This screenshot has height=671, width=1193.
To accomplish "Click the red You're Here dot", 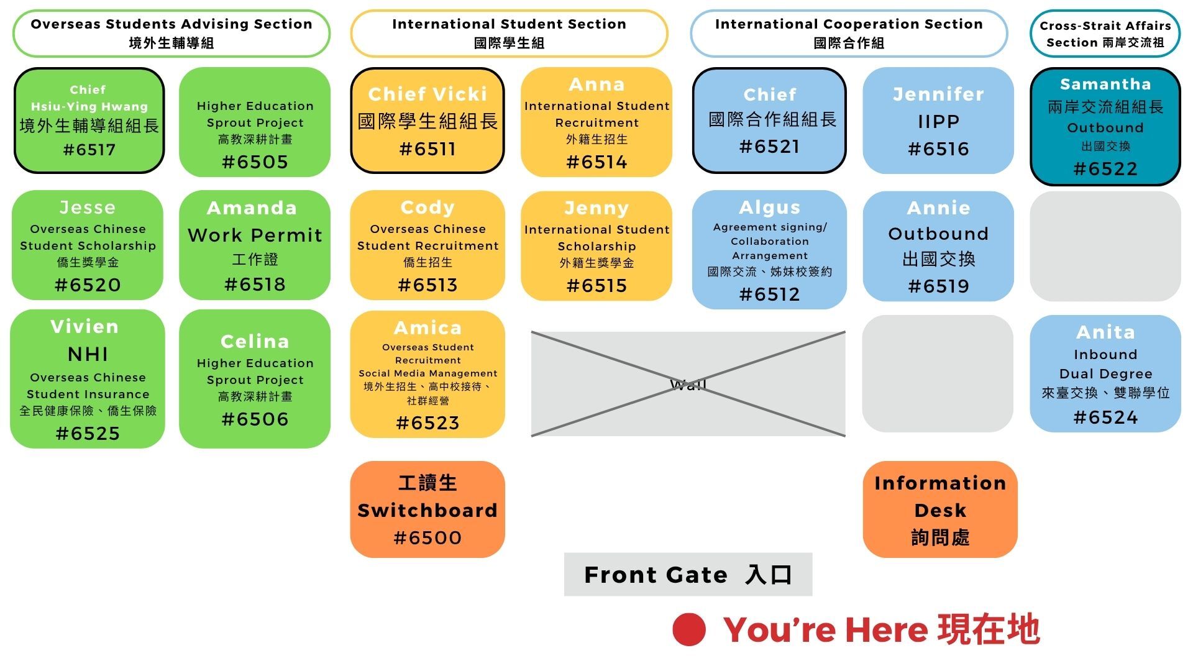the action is coord(688,629).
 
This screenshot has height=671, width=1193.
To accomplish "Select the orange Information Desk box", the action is coord(939,509).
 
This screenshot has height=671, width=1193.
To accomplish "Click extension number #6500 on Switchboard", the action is coord(427,538).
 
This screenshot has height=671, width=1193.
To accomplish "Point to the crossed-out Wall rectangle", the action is coord(688,384).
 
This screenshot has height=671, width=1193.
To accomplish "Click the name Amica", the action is coord(427,328).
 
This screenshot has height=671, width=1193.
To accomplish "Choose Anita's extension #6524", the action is coord(1105,418).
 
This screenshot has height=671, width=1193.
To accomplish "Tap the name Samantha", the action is coord(1105,84).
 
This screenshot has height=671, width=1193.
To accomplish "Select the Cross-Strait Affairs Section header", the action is coord(1105,34).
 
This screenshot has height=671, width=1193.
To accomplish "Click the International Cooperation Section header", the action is coord(849,34).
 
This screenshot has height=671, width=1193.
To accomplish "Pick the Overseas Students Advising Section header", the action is coord(171,34).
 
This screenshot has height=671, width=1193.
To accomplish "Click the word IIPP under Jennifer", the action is coord(938,122).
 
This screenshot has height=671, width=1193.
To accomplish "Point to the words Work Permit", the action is coord(255,235).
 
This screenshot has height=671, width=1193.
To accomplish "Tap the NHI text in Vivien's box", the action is coord(88,354).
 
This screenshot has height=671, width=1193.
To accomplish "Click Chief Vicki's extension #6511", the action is coord(427,149).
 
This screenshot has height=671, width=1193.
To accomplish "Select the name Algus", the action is coord(769,208).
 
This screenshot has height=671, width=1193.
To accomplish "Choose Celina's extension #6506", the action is coord(255,419).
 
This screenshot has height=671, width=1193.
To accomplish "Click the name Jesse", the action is coord(88,208).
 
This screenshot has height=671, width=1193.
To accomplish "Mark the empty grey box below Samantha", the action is coord(1105,246).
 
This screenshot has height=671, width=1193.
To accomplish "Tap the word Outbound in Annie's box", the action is coord(938,234).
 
